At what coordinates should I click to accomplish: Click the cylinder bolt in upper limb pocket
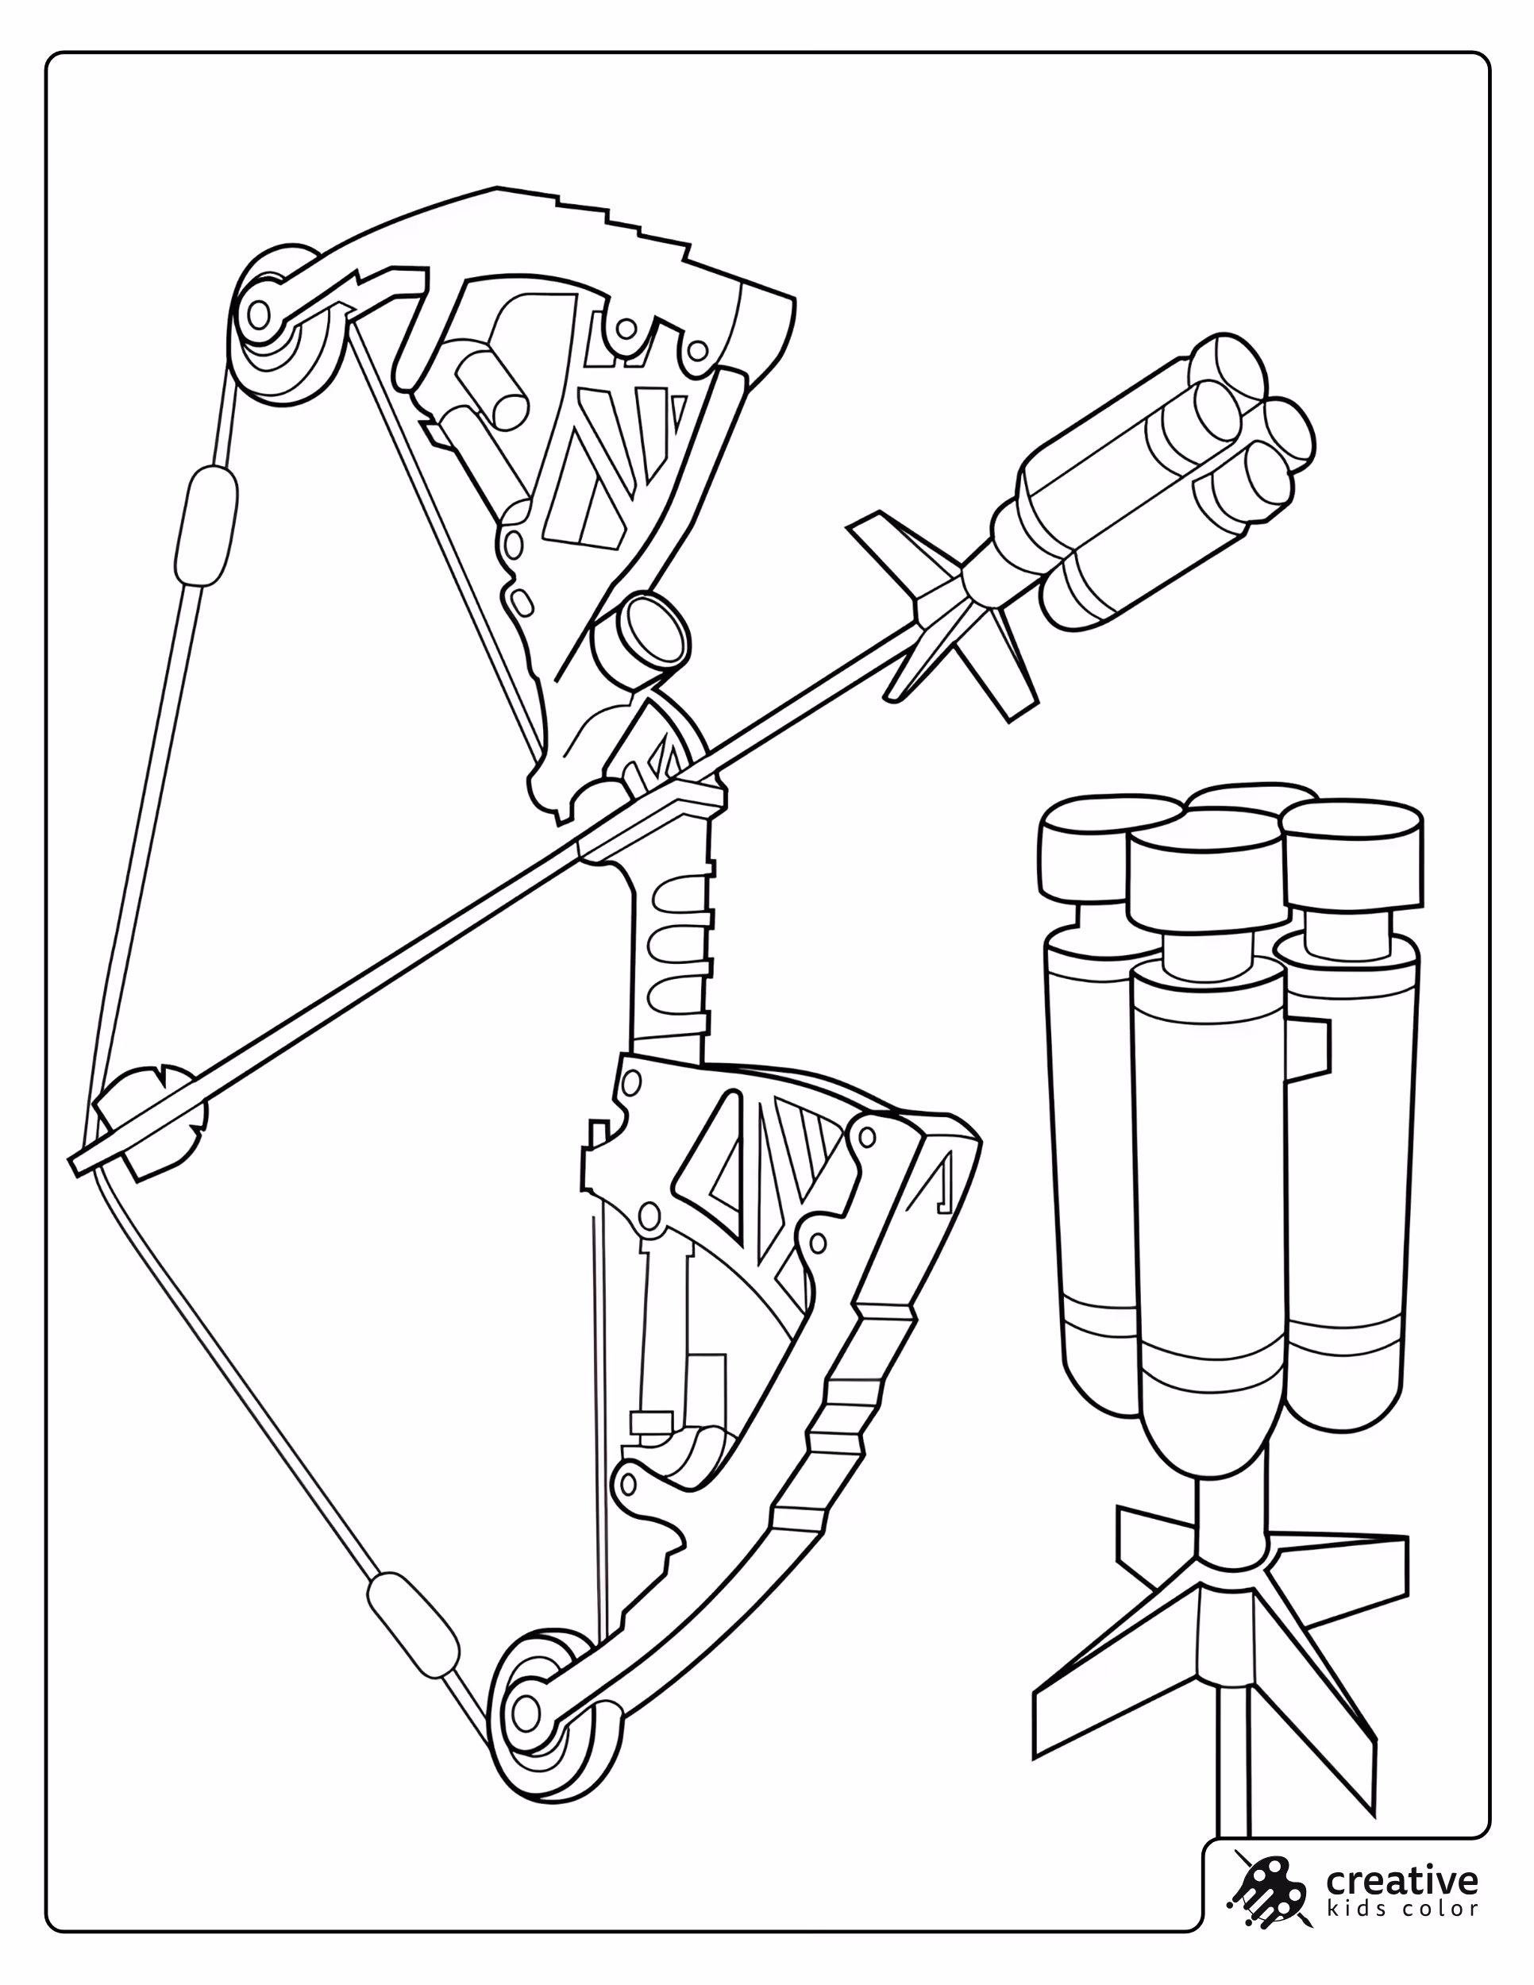click(490, 391)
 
